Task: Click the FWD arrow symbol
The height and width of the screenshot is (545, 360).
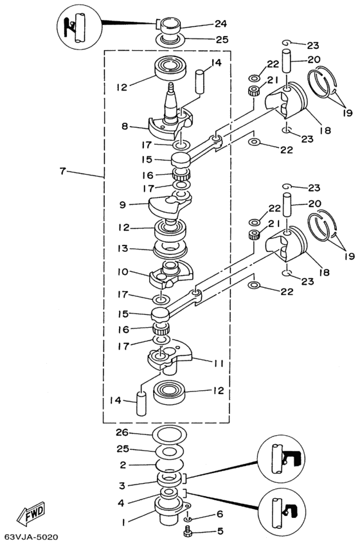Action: coord(32,514)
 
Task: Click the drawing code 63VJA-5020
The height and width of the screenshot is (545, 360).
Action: coord(31,537)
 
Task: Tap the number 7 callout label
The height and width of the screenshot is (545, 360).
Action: coord(62,171)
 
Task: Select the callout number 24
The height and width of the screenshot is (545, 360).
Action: coord(221,24)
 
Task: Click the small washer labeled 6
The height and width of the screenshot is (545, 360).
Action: coord(188,519)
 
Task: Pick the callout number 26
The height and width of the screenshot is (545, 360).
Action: coord(122,433)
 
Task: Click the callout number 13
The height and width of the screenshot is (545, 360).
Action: coord(122,249)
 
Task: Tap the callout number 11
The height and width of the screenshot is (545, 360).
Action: coord(219,364)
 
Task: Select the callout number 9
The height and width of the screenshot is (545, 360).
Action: coord(122,205)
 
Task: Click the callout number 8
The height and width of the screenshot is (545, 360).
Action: coord(125,126)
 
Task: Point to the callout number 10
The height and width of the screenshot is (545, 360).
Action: coord(122,271)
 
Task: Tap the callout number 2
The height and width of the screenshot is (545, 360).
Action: coord(122,465)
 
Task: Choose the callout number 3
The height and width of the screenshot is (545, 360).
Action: coord(122,486)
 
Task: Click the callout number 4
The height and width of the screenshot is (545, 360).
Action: coord(121,503)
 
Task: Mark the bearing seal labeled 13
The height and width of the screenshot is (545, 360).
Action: coord(170,249)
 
